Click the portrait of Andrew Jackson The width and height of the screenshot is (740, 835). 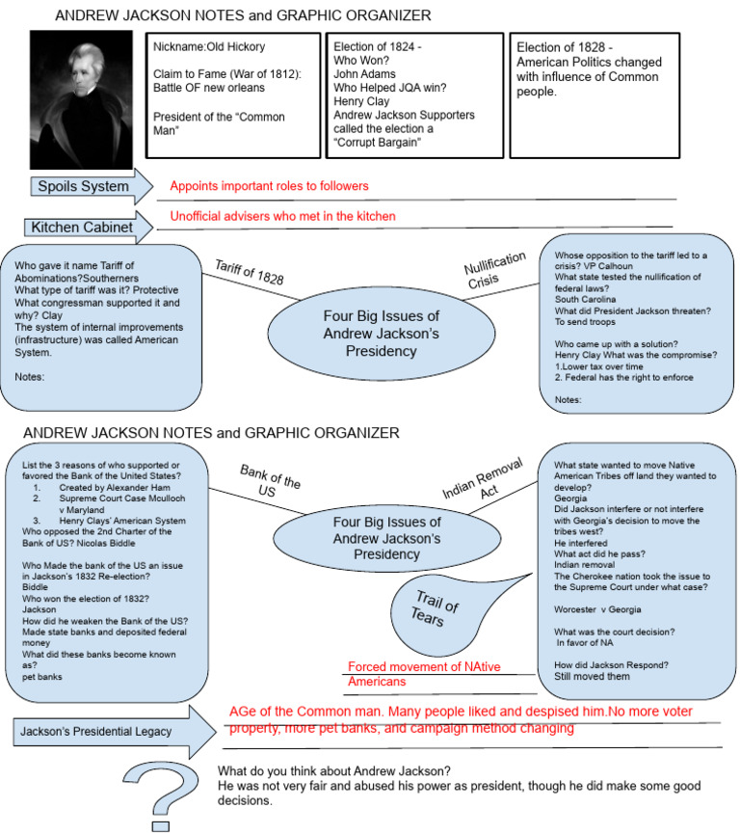click(81, 98)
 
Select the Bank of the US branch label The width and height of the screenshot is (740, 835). click(270, 478)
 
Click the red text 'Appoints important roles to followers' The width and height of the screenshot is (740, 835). click(269, 186)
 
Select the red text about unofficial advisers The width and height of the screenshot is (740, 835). click(282, 216)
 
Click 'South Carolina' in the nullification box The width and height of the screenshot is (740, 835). click(585, 297)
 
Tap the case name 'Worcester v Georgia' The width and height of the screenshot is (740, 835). click(598, 609)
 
